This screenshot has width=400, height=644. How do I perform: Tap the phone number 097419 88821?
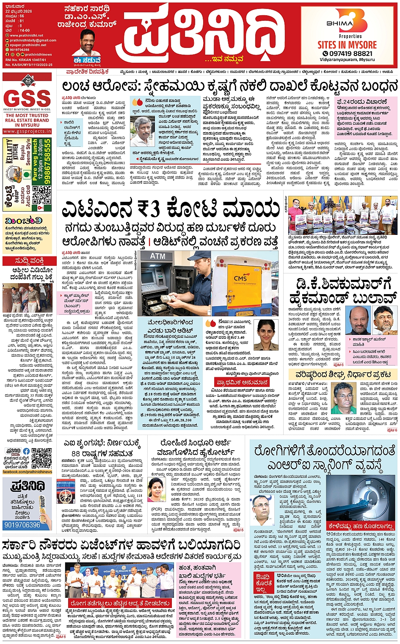click(348, 53)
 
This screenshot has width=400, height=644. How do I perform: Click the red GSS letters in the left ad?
click(27, 98)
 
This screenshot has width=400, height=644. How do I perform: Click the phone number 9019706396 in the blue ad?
click(22, 525)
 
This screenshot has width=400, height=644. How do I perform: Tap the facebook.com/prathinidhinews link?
click(28, 471)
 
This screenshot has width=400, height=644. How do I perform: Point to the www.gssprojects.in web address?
click(27, 131)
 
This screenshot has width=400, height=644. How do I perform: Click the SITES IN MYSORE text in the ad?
click(347, 45)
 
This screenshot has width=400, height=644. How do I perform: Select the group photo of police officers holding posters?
click(343, 215)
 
